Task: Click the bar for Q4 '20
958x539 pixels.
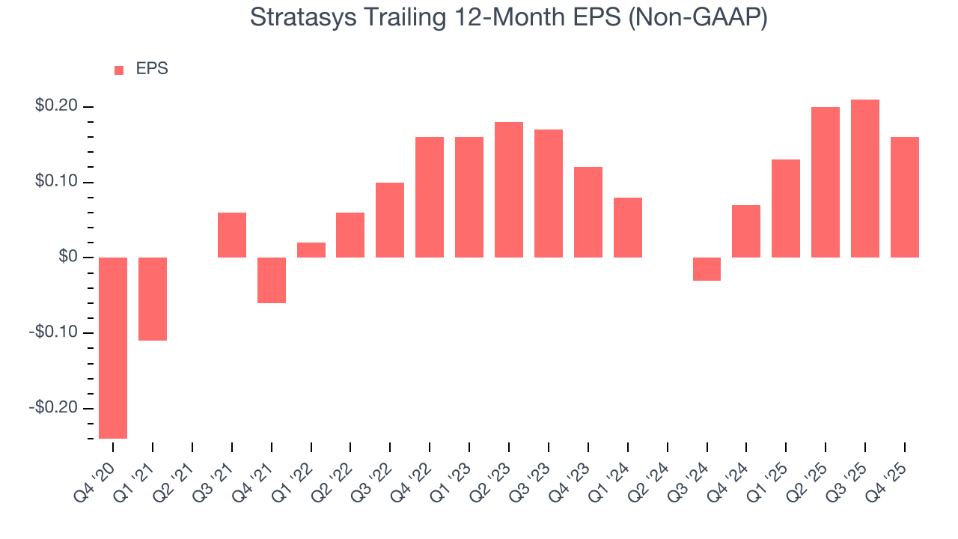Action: coord(113,347)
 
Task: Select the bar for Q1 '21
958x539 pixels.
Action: coord(153,299)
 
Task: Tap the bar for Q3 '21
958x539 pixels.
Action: coord(232,235)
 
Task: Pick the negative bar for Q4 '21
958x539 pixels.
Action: coord(272,280)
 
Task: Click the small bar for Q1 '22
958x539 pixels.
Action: coord(311,250)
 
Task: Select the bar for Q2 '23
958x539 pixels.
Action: coord(509,189)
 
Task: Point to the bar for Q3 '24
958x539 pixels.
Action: coord(707,269)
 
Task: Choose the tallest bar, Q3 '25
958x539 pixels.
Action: coord(865,178)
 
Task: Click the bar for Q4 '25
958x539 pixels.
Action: coord(905,197)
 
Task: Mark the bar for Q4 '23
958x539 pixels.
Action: coord(588,212)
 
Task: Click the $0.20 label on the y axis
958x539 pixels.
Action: coord(56,106)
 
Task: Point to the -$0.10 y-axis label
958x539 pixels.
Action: coord(54,332)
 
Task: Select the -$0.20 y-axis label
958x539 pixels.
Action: coord(54,408)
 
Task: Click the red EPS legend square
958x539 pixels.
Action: coord(119,70)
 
